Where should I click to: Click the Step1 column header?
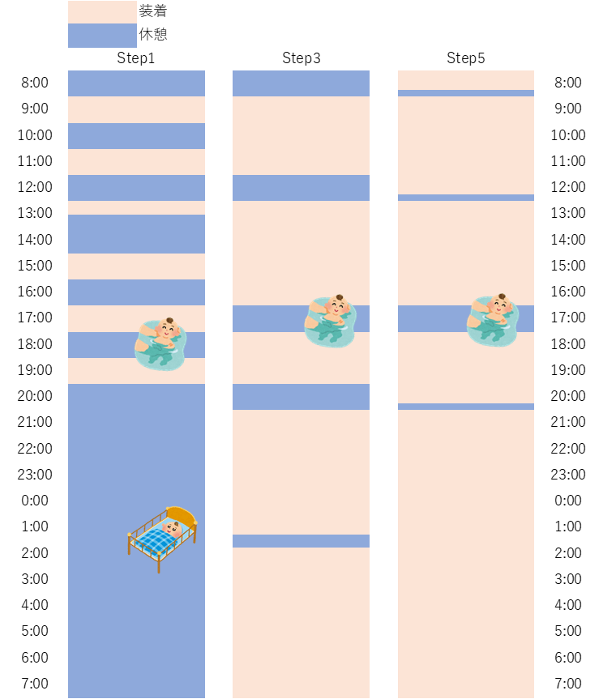(x=135, y=58)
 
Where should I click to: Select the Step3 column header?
(x=301, y=58)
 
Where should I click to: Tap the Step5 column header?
(x=466, y=58)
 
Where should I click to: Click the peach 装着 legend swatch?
(x=102, y=11)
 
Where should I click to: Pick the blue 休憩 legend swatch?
(x=102, y=35)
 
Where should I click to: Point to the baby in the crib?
(x=162, y=539)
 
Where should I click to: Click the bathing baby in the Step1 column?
(x=160, y=343)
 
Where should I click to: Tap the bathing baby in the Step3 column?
(x=330, y=321)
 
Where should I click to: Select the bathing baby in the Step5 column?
(x=493, y=320)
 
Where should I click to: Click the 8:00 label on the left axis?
(x=35, y=83)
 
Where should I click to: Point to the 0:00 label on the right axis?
(x=568, y=501)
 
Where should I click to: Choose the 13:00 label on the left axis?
(x=35, y=213)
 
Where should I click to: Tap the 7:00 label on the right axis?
(x=568, y=683)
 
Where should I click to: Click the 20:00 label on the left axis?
(x=35, y=396)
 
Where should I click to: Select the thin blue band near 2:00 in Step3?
(x=301, y=541)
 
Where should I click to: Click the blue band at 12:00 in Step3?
(x=301, y=188)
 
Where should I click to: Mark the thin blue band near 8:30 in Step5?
(x=466, y=93)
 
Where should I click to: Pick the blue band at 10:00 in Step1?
(x=136, y=136)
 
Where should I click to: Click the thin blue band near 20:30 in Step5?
(x=466, y=407)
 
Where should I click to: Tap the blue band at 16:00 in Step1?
(x=136, y=292)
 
